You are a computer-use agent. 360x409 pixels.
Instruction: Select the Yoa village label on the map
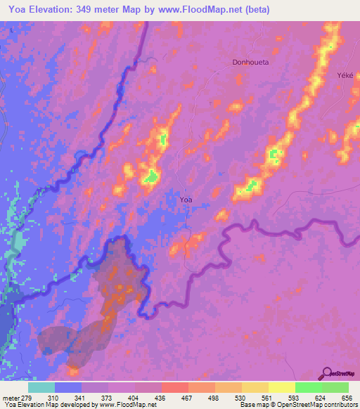(x=186, y=200)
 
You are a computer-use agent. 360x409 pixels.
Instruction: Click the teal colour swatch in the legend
(x=41, y=387)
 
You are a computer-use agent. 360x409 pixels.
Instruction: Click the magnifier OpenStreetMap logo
(x=328, y=373)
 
